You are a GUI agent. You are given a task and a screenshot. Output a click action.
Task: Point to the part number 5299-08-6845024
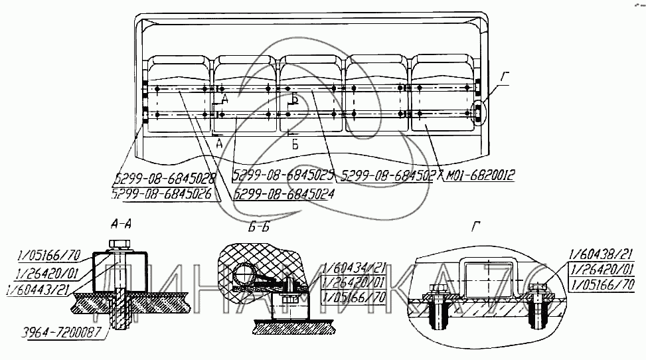(x=283, y=194)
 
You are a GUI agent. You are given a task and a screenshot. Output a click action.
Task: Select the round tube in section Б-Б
(x=246, y=272)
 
